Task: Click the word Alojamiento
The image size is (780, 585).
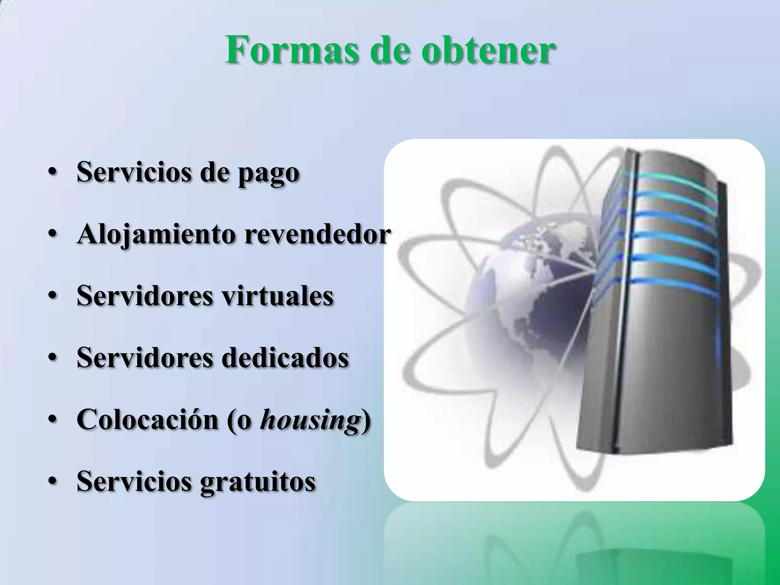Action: click(x=156, y=235)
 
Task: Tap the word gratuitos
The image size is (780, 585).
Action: click(x=257, y=482)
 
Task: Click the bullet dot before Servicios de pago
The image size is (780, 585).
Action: click(x=53, y=173)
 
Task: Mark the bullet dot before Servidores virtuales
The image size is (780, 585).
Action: click(x=53, y=296)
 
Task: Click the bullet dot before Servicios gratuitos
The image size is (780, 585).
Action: click(x=53, y=482)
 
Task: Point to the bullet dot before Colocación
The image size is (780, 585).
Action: click(x=53, y=420)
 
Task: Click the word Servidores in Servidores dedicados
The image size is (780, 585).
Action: click(x=145, y=358)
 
